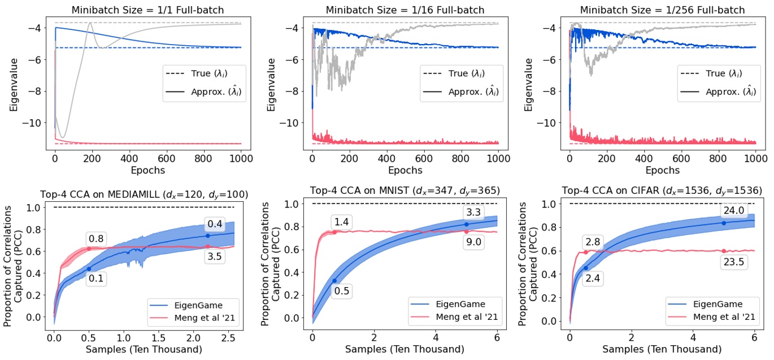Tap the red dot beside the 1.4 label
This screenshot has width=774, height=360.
click(334, 232)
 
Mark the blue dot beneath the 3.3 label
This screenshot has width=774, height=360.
click(467, 224)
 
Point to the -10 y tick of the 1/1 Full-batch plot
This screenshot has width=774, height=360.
click(40, 123)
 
